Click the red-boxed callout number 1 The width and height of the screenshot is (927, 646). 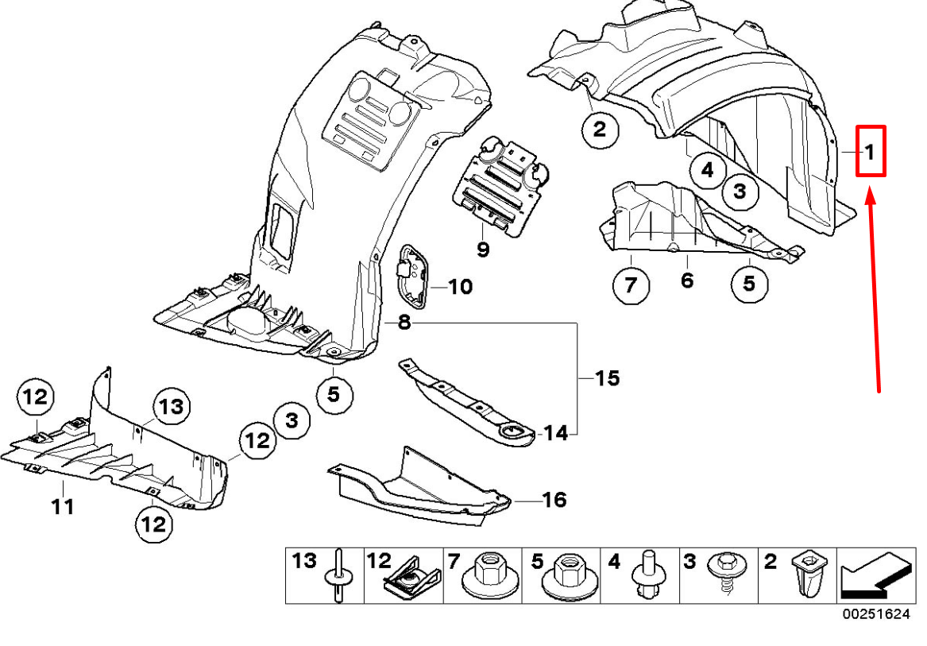(870, 151)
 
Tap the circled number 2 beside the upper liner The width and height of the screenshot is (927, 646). (599, 129)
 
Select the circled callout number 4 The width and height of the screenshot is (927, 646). (707, 169)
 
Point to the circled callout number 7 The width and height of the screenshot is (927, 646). (631, 285)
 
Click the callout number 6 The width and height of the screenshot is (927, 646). (687, 280)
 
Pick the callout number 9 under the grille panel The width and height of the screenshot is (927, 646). (483, 250)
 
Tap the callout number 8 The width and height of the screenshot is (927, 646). (404, 323)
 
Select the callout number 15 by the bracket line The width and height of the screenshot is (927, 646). (608, 378)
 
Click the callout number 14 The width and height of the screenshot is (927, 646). (556, 433)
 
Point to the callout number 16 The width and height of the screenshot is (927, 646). (554, 500)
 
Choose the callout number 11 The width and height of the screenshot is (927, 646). (63, 505)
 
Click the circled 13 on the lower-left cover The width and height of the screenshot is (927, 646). (170, 408)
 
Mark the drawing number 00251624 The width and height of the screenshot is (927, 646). (876, 614)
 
